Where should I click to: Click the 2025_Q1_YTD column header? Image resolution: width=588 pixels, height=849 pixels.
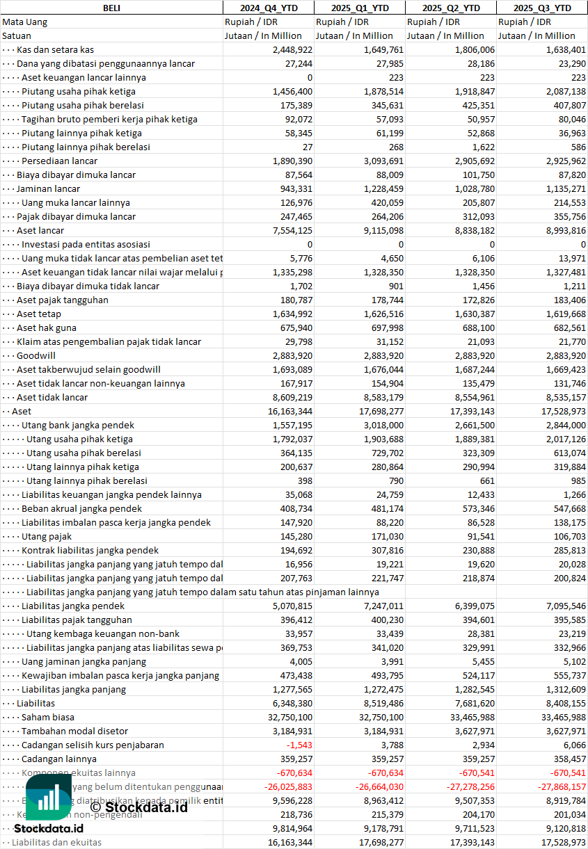coord(359,8)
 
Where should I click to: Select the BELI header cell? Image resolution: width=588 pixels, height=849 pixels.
coord(111,8)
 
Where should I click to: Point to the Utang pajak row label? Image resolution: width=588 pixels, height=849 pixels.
coord(47,536)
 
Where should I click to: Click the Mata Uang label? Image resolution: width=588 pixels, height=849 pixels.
coord(24,22)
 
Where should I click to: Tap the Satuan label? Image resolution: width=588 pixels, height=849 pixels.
coord(17,35)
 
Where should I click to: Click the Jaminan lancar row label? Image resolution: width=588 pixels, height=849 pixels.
coord(48,188)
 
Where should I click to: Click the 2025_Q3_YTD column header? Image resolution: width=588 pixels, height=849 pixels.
coord(542,8)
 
